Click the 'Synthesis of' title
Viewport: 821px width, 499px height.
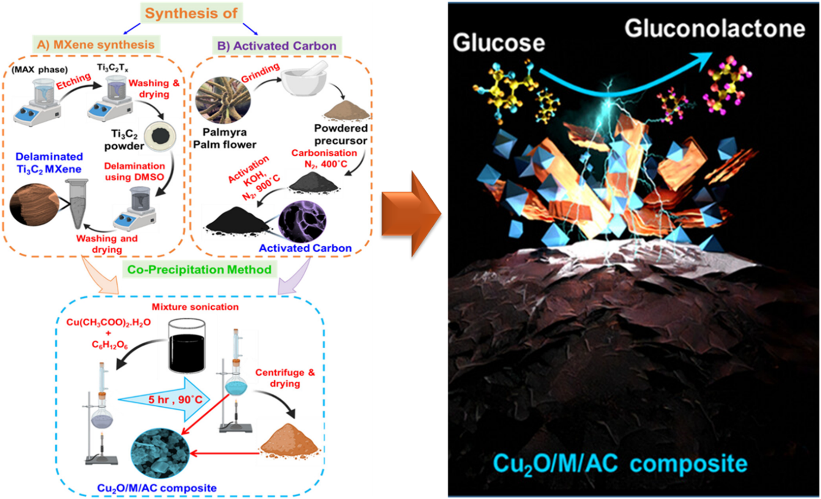191,13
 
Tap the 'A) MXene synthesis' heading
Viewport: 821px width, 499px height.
96,45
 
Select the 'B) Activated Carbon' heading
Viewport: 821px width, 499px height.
277,46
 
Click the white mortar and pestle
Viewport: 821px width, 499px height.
304,79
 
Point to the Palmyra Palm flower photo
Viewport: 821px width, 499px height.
223,100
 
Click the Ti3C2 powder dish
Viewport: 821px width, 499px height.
160,136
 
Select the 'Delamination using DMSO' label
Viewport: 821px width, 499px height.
134,171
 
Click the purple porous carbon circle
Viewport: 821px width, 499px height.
302,222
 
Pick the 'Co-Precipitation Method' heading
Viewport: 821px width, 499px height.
199,269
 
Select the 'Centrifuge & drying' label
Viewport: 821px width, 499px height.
284,377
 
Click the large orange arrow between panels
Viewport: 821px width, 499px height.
410,213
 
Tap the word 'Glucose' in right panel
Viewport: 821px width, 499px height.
499,43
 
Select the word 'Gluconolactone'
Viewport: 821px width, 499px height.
714,29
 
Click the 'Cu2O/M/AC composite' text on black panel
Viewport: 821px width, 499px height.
619,464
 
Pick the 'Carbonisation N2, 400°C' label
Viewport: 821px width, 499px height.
325,158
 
